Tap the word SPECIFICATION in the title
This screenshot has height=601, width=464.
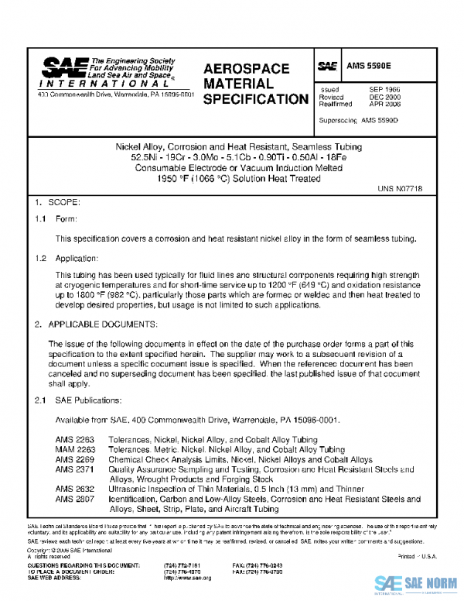click(x=255, y=100)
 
